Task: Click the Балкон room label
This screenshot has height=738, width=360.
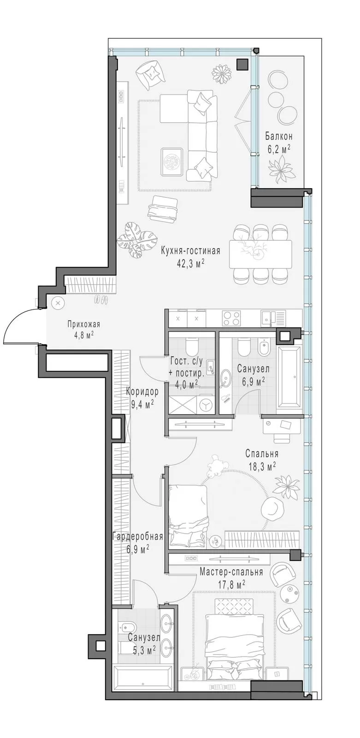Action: click(x=279, y=136)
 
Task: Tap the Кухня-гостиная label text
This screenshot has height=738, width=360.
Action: click(x=190, y=251)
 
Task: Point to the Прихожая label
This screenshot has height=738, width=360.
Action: click(x=83, y=324)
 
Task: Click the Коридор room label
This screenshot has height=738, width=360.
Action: click(x=142, y=392)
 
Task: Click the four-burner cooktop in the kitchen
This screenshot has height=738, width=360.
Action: click(x=231, y=319)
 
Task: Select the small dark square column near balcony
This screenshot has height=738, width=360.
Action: click(x=243, y=64)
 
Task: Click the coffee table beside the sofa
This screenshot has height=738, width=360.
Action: click(x=172, y=161)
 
